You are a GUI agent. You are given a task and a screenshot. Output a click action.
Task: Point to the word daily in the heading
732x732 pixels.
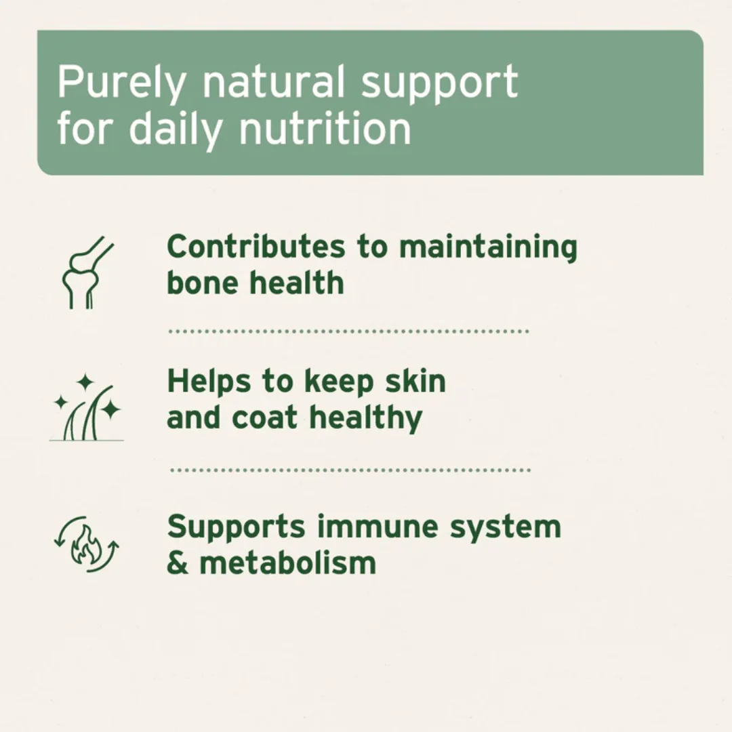click(175, 128)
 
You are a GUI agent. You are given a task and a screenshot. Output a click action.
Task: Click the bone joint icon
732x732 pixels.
click(85, 273)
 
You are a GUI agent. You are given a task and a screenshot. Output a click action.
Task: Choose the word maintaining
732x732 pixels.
click(488, 248)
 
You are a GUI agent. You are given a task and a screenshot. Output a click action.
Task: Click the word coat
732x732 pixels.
click(266, 418)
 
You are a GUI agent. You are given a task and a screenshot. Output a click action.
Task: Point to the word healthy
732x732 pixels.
click(366, 418)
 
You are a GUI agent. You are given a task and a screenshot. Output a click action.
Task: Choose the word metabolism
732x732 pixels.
click(287, 563)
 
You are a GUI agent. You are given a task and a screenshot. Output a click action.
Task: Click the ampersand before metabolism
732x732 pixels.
click(177, 563)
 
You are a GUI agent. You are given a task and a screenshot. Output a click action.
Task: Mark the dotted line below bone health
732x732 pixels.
click(348, 332)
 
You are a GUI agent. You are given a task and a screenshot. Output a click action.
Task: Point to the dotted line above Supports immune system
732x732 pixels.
click(350, 470)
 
